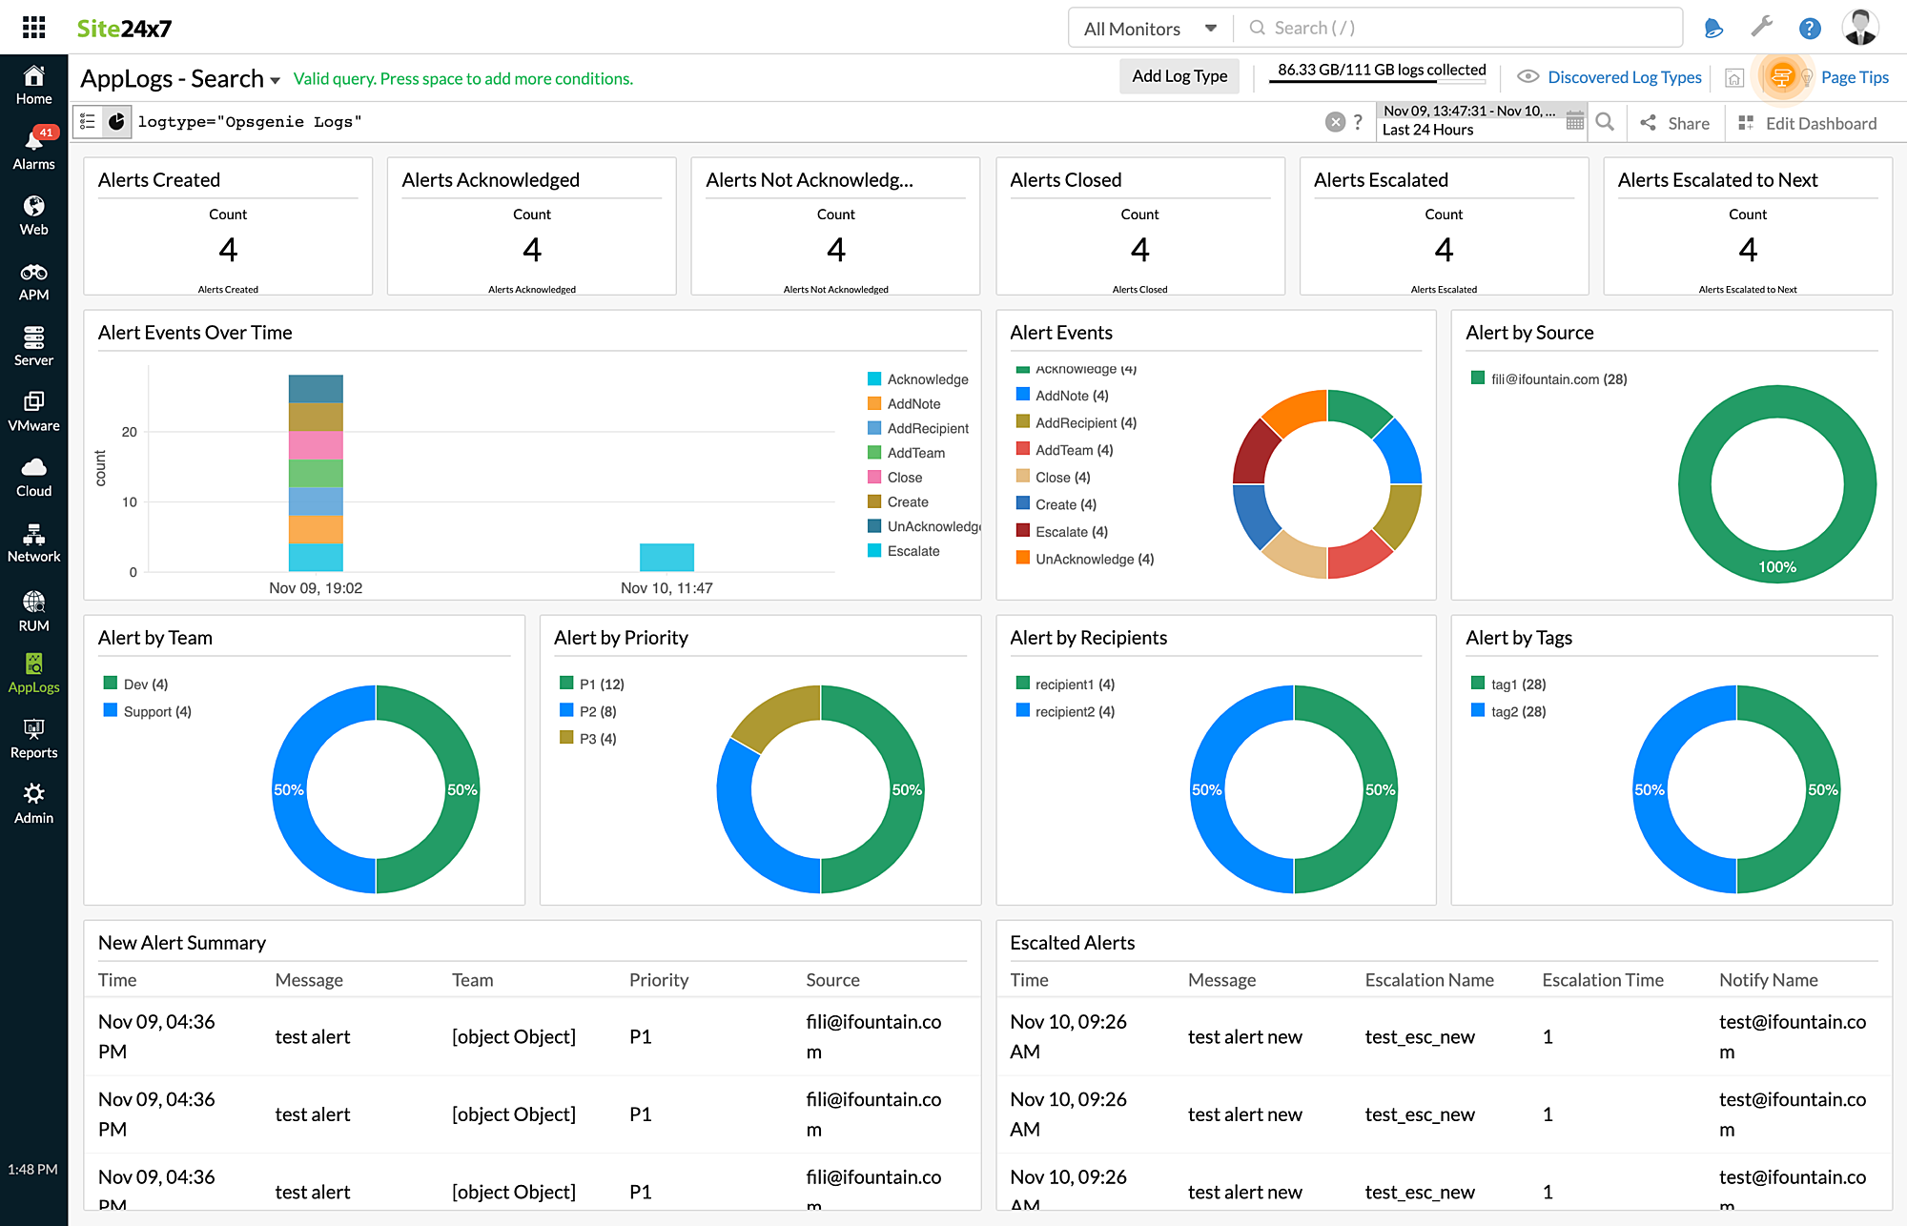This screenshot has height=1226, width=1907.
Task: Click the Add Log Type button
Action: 1179,76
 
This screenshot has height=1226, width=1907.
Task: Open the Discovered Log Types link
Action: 1624,77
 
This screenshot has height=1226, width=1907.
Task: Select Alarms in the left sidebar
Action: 33,150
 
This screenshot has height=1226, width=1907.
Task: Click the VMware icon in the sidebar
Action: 33,411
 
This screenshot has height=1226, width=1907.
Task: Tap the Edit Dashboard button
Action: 1808,123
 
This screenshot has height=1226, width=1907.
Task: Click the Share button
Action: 1675,123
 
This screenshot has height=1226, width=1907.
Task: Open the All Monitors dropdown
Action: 1150,29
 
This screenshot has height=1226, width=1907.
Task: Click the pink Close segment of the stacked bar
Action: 316,445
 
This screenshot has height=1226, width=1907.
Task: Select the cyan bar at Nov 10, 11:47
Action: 666,557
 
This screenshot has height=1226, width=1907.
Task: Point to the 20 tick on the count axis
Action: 130,432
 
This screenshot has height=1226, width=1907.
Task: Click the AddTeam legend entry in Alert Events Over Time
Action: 915,453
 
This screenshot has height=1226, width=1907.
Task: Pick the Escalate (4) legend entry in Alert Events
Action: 1071,532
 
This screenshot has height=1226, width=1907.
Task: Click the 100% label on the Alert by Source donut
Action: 1776,567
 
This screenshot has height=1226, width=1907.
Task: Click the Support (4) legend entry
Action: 156,711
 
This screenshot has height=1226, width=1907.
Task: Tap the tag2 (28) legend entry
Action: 1517,711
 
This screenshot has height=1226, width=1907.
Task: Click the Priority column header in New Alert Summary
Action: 658,980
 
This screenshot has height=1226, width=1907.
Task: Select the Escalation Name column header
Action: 1428,980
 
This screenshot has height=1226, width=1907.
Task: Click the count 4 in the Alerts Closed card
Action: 1139,250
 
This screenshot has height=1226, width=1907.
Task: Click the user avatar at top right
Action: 1859,28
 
